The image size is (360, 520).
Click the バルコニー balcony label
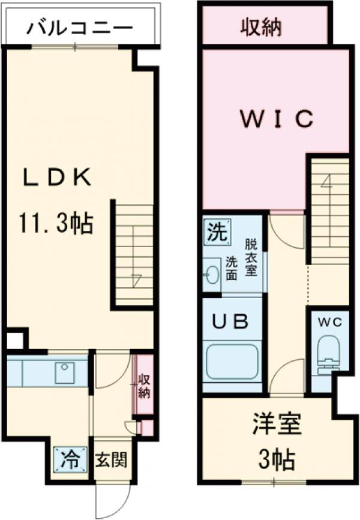click(x=80, y=28)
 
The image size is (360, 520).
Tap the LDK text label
click(x=57, y=178)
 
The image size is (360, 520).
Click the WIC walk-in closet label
click(x=277, y=119)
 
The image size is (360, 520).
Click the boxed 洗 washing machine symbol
click(x=217, y=232)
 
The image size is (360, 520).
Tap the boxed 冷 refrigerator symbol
click(x=71, y=459)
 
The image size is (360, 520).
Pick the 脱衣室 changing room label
click(x=250, y=257)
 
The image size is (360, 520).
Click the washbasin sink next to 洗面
click(x=211, y=275)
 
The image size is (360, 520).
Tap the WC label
click(x=329, y=322)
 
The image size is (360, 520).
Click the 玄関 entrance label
click(x=112, y=461)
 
